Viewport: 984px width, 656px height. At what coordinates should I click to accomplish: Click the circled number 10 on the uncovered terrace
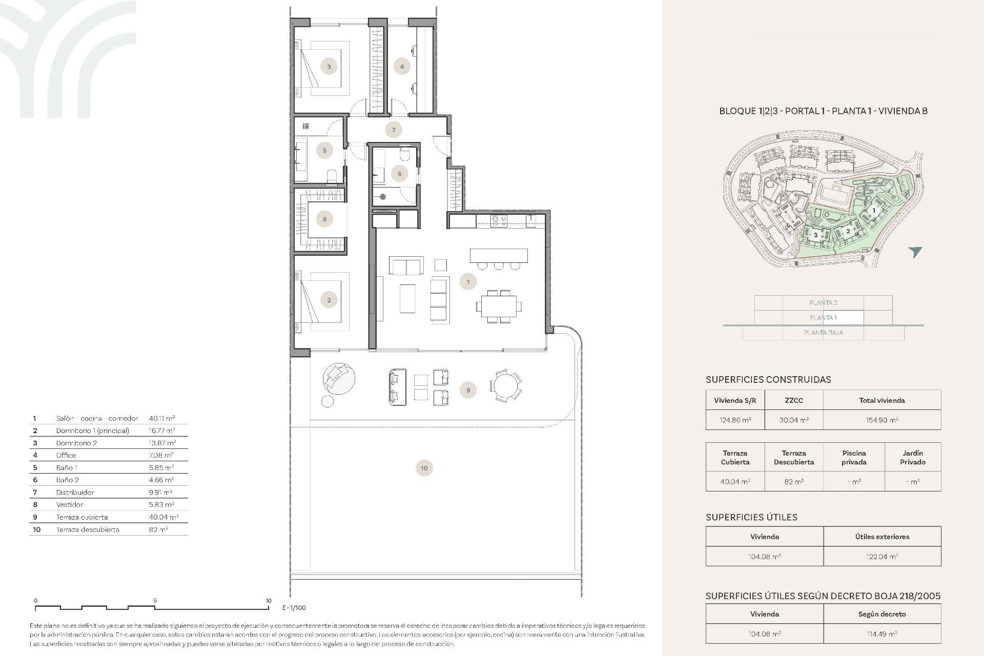pyautogui.click(x=424, y=468)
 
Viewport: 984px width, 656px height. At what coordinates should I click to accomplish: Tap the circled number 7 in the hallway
pyautogui.click(x=394, y=130)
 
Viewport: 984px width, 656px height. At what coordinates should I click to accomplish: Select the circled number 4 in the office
pyautogui.click(x=402, y=67)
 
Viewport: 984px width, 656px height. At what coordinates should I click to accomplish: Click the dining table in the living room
pyautogui.click(x=499, y=306)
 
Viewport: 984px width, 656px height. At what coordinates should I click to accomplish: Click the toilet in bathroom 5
pyautogui.click(x=332, y=177)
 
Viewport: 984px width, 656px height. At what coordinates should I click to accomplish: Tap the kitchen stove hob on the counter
pyautogui.click(x=499, y=221)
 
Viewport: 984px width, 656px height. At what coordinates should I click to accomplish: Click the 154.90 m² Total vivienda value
pyautogui.click(x=881, y=420)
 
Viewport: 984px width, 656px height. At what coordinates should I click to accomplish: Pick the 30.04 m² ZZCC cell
pyautogui.click(x=793, y=420)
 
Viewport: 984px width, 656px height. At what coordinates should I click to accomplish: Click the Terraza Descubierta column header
pyautogui.click(x=793, y=457)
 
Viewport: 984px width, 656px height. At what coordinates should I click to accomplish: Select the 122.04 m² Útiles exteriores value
pyautogui.click(x=881, y=557)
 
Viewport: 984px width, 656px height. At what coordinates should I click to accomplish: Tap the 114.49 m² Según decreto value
pyautogui.click(x=881, y=634)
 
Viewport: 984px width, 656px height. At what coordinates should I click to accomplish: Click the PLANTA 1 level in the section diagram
pyautogui.click(x=823, y=318)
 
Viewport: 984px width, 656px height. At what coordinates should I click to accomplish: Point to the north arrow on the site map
pyautogui.click(x=915, y=252)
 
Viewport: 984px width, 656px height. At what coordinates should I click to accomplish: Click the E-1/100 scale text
pyautogui.click(x=294, y=608)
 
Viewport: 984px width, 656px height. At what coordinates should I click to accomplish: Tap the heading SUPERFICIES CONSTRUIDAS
pyautogui.click(x=768, y=380)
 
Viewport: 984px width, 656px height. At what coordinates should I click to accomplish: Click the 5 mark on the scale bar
pyautogui.click(x=155, y=601)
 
